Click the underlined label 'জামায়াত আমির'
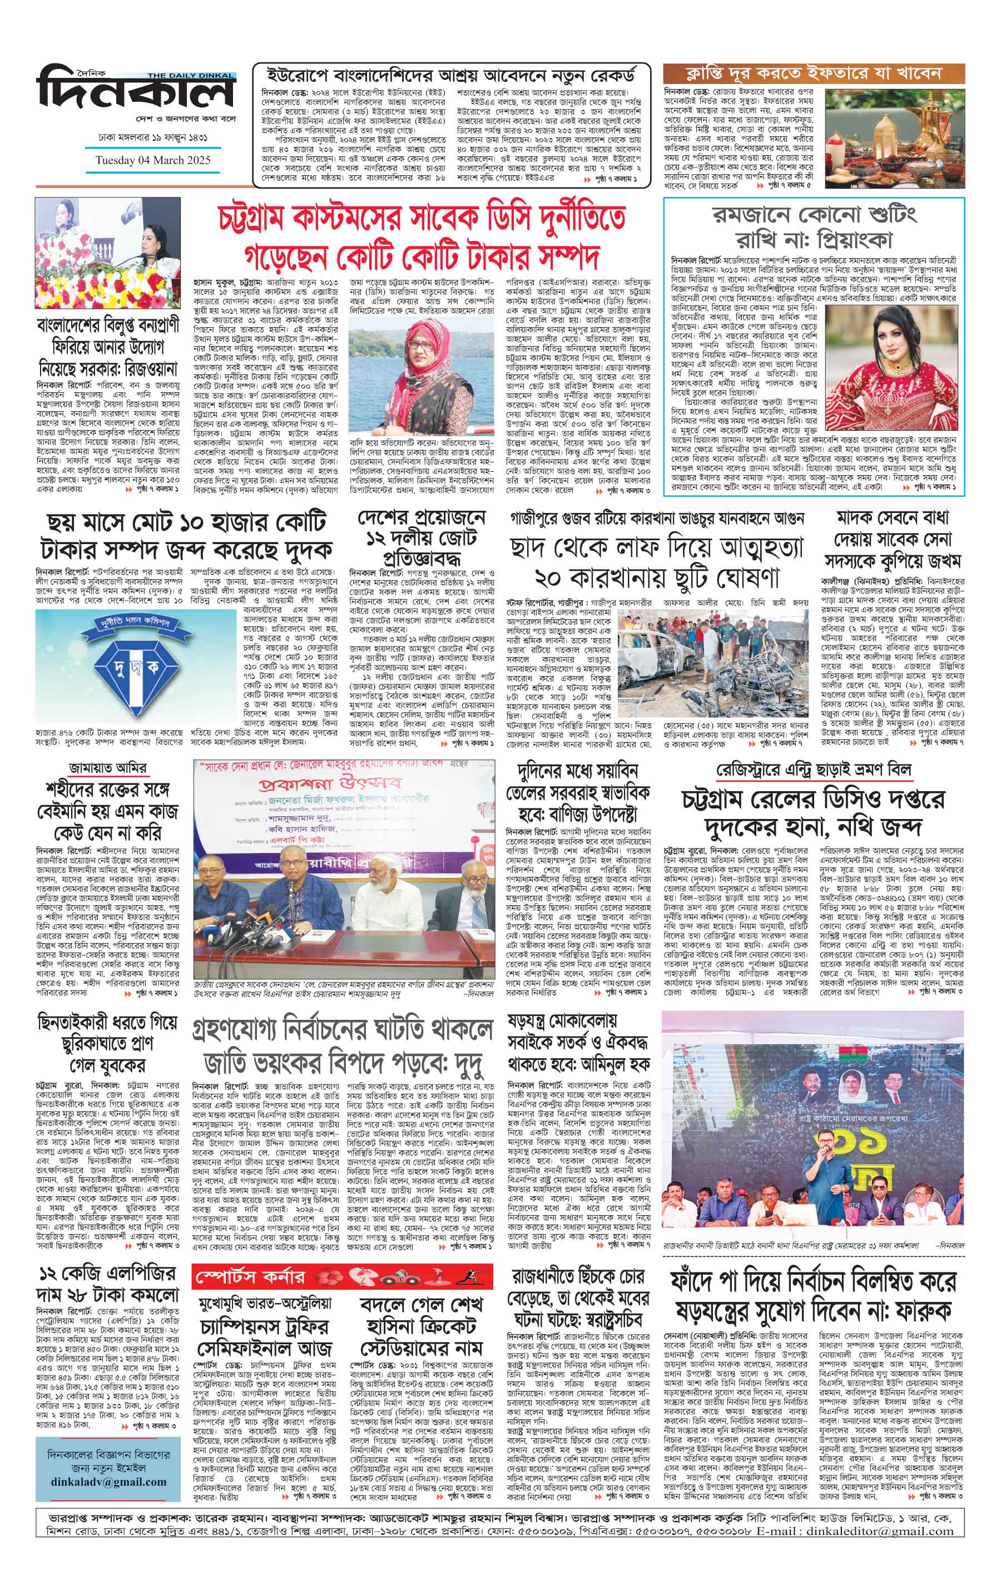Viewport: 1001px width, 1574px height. coord(107,767)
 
